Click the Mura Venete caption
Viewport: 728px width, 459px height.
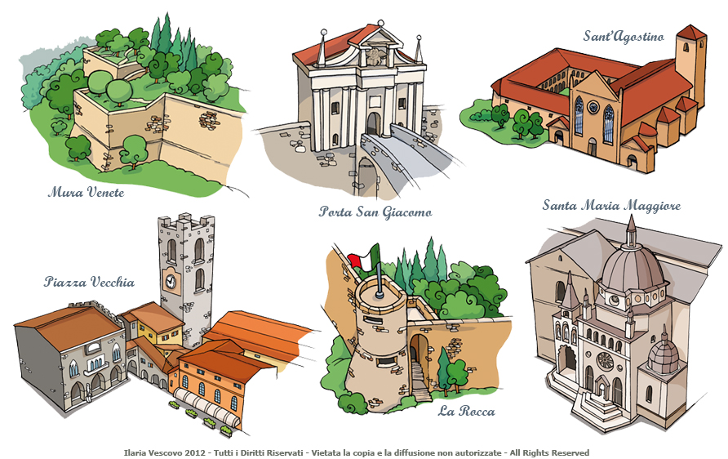pos(86,193)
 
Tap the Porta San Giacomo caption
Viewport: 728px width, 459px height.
pos(375,212)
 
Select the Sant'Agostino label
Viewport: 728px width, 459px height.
pos(623,36)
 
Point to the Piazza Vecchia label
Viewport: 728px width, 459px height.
pos(89,283)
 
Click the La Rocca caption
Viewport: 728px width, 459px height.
pos(466,411)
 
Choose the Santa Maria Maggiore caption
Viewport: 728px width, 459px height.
pos(611,205)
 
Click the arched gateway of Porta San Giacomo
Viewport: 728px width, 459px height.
pos(373,123)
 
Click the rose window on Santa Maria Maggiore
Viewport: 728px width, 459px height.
pos(605,360)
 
